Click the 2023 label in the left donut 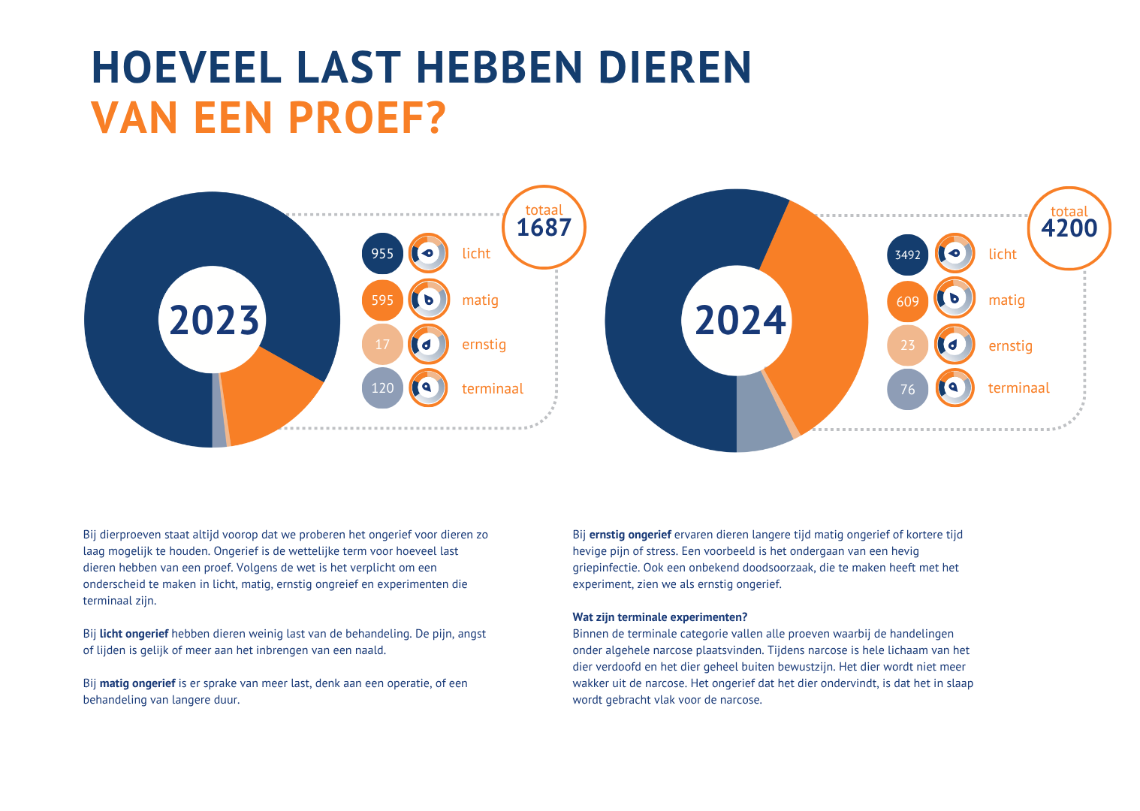point(214,321)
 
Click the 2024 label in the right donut point(740,321)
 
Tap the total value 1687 point(544,228)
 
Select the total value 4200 point(1069,228)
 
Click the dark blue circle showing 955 point(382,254)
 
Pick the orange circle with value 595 point(382,300)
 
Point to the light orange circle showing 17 point(382,345)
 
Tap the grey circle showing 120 point(382,388)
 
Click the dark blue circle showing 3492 point(907,255)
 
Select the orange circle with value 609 point(907,302)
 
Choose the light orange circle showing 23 point(907,346)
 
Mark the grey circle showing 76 point(907,390)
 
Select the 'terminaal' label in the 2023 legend point(492,389)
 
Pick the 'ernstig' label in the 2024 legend point(1010,346)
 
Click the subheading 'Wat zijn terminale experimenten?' point(659,617)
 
